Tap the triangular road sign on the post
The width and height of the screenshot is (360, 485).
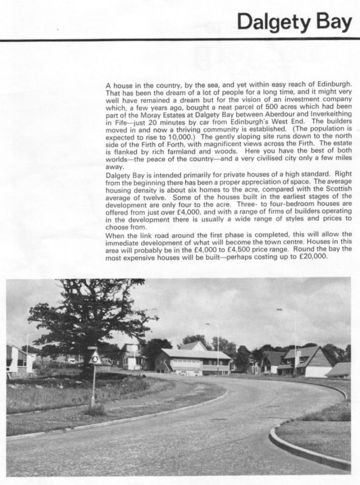click(x=95, y=358)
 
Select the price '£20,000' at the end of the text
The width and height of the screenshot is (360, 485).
click(x=312, y=258)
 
